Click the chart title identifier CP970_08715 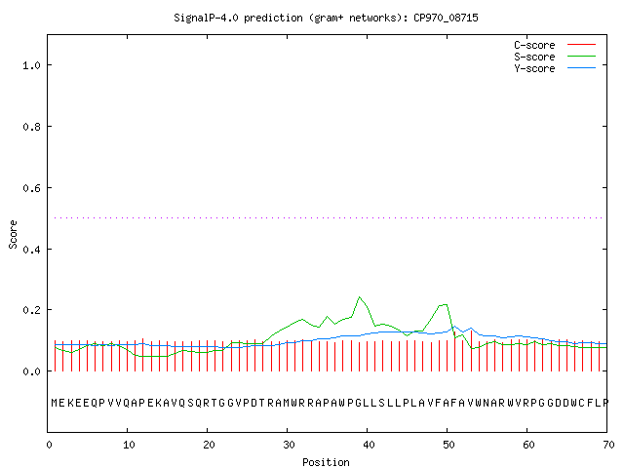(446, 18)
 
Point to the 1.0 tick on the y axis (31, 65)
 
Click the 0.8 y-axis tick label (31, 127)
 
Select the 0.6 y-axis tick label (31, 188)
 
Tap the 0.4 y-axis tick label (31, 250)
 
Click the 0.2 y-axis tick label (31, 310)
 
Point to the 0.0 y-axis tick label (31, 371)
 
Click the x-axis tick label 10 (129, 445)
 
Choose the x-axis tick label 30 (289, 445)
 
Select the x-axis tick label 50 (448, 445)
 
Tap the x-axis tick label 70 (608, 445)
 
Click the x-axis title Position (326, 462)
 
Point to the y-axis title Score (13, 234)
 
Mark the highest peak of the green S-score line (360, 296)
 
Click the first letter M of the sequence (55, 403)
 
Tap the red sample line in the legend (581, 45)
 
